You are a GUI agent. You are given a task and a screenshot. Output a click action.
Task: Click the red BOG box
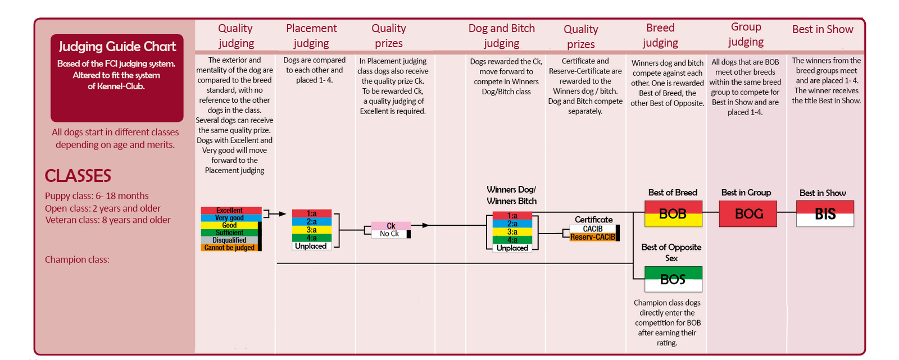pos(748,214)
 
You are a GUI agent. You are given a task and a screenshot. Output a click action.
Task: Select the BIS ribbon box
pos(825,214)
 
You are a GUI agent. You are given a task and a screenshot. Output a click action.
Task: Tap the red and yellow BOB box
pos(673,214)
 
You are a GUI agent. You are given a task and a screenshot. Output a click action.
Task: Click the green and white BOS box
pos(673,279)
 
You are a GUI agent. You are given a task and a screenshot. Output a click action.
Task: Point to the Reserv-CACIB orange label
pos(593,237)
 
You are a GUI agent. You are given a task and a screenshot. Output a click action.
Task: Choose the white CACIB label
pos(593,229)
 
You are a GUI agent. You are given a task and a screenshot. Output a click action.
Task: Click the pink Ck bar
pos(391,226)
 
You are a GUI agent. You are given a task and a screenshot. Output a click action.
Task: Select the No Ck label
pos(389,234)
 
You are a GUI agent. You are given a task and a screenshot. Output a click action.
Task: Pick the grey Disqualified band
pos(230,240)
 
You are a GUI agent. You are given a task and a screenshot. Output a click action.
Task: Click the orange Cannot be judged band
pos(230,248)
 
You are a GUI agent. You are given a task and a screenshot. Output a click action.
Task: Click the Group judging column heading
pos(746,34)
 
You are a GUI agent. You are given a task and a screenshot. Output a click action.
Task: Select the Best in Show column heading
pos(823,29)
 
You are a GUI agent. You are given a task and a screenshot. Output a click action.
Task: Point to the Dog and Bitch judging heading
pos(502,36)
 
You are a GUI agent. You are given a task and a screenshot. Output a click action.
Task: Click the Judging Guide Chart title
pos(117,47)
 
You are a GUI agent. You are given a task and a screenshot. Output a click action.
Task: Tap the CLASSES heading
pos(78,176)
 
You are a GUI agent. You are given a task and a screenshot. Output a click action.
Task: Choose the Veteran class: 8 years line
pos(107,220)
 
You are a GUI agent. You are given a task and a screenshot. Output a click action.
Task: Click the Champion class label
pos(77,259)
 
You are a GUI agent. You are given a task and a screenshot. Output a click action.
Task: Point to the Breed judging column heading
pos(660,35)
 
